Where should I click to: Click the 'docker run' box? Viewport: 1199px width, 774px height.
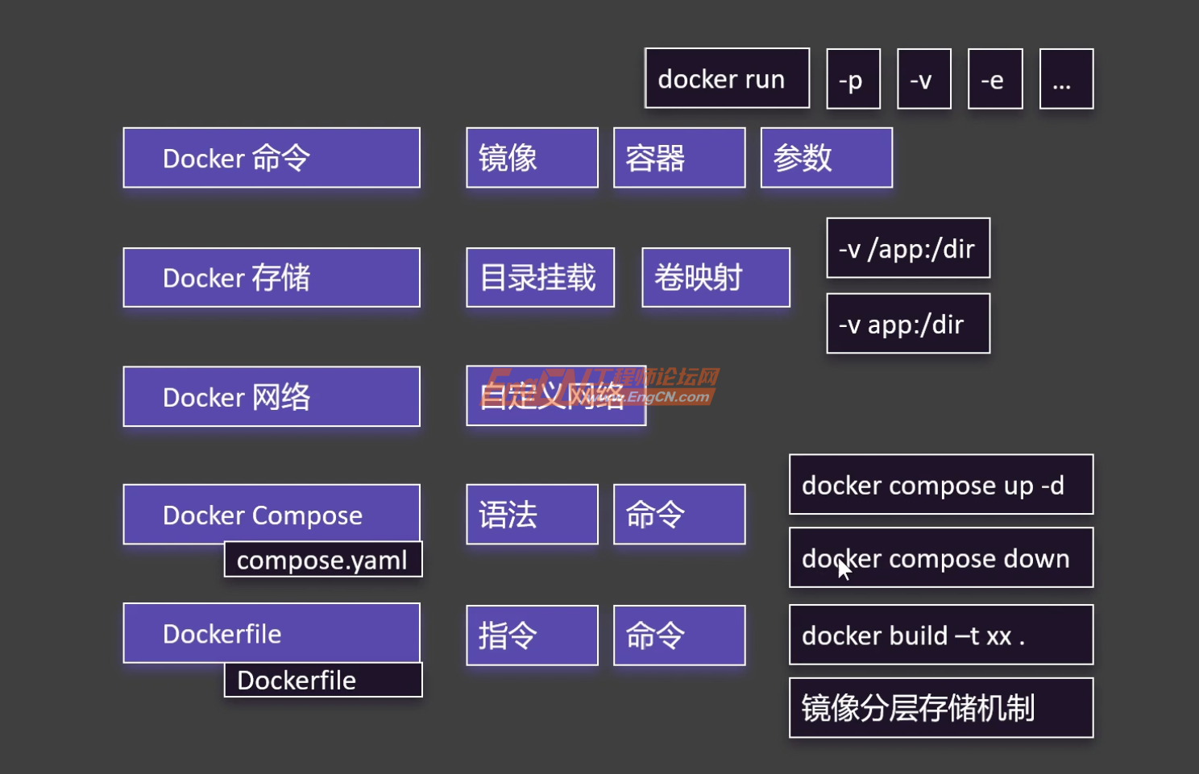point(727,78)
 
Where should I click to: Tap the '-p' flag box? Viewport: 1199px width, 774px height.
point(853,79)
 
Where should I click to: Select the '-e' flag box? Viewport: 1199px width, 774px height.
point(995,79)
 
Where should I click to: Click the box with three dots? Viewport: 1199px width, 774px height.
point(1066,79)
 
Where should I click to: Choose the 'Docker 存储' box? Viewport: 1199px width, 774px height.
point(272,278)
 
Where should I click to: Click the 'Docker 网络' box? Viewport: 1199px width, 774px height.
point(272,396)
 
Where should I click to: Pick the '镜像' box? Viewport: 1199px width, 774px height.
point(532,158)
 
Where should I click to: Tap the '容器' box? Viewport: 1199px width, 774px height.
point(679,158)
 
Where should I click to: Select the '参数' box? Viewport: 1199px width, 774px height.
point(826,158)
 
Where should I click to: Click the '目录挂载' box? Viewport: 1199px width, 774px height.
point(540,278)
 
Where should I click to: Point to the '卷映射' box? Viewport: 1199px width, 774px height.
point(716,278)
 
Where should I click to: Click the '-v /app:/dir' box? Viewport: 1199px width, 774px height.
point(908,248)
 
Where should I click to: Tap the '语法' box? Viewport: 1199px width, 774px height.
point(532,515)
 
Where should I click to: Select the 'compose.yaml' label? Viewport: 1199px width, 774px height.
point(323,560)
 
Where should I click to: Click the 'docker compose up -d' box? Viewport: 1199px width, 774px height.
point(941,485)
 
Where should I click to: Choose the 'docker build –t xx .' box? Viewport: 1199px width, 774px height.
point(941,635)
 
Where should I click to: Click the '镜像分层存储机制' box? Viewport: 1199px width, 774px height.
point(941,708)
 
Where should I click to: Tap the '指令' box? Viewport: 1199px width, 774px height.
point(532,635)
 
